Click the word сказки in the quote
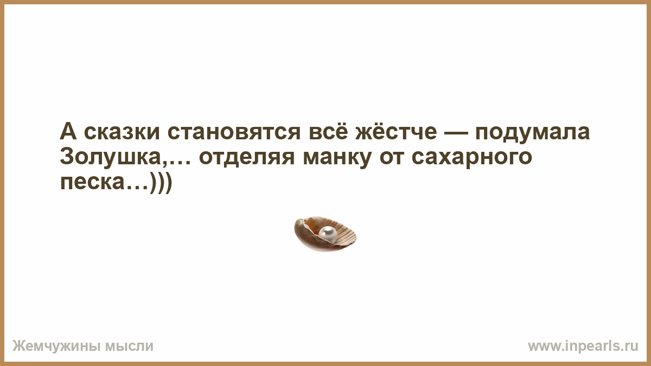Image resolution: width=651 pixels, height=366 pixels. (122, 132)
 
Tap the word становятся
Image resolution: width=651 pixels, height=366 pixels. (234, 132)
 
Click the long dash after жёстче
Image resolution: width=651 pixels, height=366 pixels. (456, 133)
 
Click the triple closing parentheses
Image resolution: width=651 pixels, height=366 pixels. (162, 182)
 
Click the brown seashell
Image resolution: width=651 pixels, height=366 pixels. (325, 234)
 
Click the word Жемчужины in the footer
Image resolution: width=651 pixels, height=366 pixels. (56, 346)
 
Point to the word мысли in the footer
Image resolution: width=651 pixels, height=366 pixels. (129, 346)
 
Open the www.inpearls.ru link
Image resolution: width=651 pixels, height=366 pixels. (583, 346)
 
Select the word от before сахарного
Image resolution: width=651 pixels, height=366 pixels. (392, 158)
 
